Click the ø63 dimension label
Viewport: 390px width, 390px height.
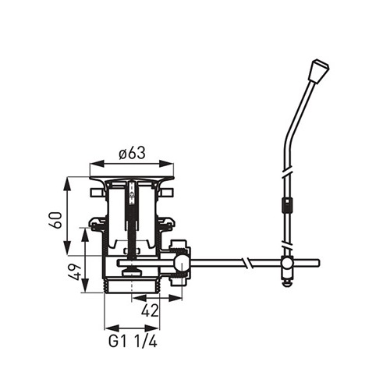[132, 153]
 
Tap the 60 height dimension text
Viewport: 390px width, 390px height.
[56, 220]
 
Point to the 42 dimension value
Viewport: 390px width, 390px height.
[150, 310]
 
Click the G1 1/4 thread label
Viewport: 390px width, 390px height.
[133, 342]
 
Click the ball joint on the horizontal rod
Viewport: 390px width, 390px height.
[182, 263]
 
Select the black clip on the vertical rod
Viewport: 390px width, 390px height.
[286, 205]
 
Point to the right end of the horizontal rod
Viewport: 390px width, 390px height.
[319, 263]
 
